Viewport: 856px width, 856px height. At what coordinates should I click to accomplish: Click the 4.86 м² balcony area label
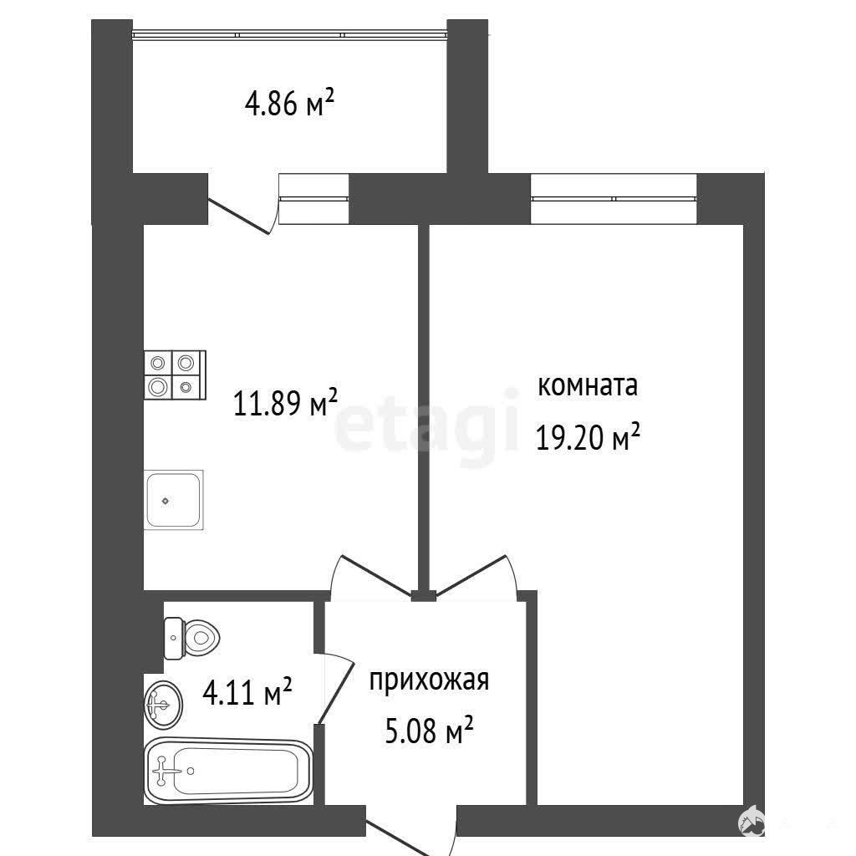(x=289, y=103)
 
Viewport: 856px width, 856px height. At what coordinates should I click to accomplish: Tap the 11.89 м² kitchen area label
(x=286, y=403)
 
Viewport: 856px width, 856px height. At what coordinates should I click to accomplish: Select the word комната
(x=588, y=386)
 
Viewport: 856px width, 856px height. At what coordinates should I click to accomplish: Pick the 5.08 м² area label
(x=429, y=731)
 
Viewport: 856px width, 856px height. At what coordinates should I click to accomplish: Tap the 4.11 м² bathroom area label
(x=247, y=692)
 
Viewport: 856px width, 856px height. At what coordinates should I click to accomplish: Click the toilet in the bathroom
(x=191, y=638)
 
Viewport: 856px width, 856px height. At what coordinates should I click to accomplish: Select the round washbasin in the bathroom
(x=163, y=705)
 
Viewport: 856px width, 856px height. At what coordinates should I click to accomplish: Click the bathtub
(x=228, y=771)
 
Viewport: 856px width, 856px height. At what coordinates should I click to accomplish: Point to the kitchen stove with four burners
(x=176, y=374)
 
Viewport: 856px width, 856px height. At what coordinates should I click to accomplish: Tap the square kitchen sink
(x=174, y=500)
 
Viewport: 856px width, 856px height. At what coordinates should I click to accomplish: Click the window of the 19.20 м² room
(x=614, y=198)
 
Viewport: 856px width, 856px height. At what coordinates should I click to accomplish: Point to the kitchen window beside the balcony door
(x=314, y=198)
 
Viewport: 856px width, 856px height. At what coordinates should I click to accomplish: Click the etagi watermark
(x=425, y=425)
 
